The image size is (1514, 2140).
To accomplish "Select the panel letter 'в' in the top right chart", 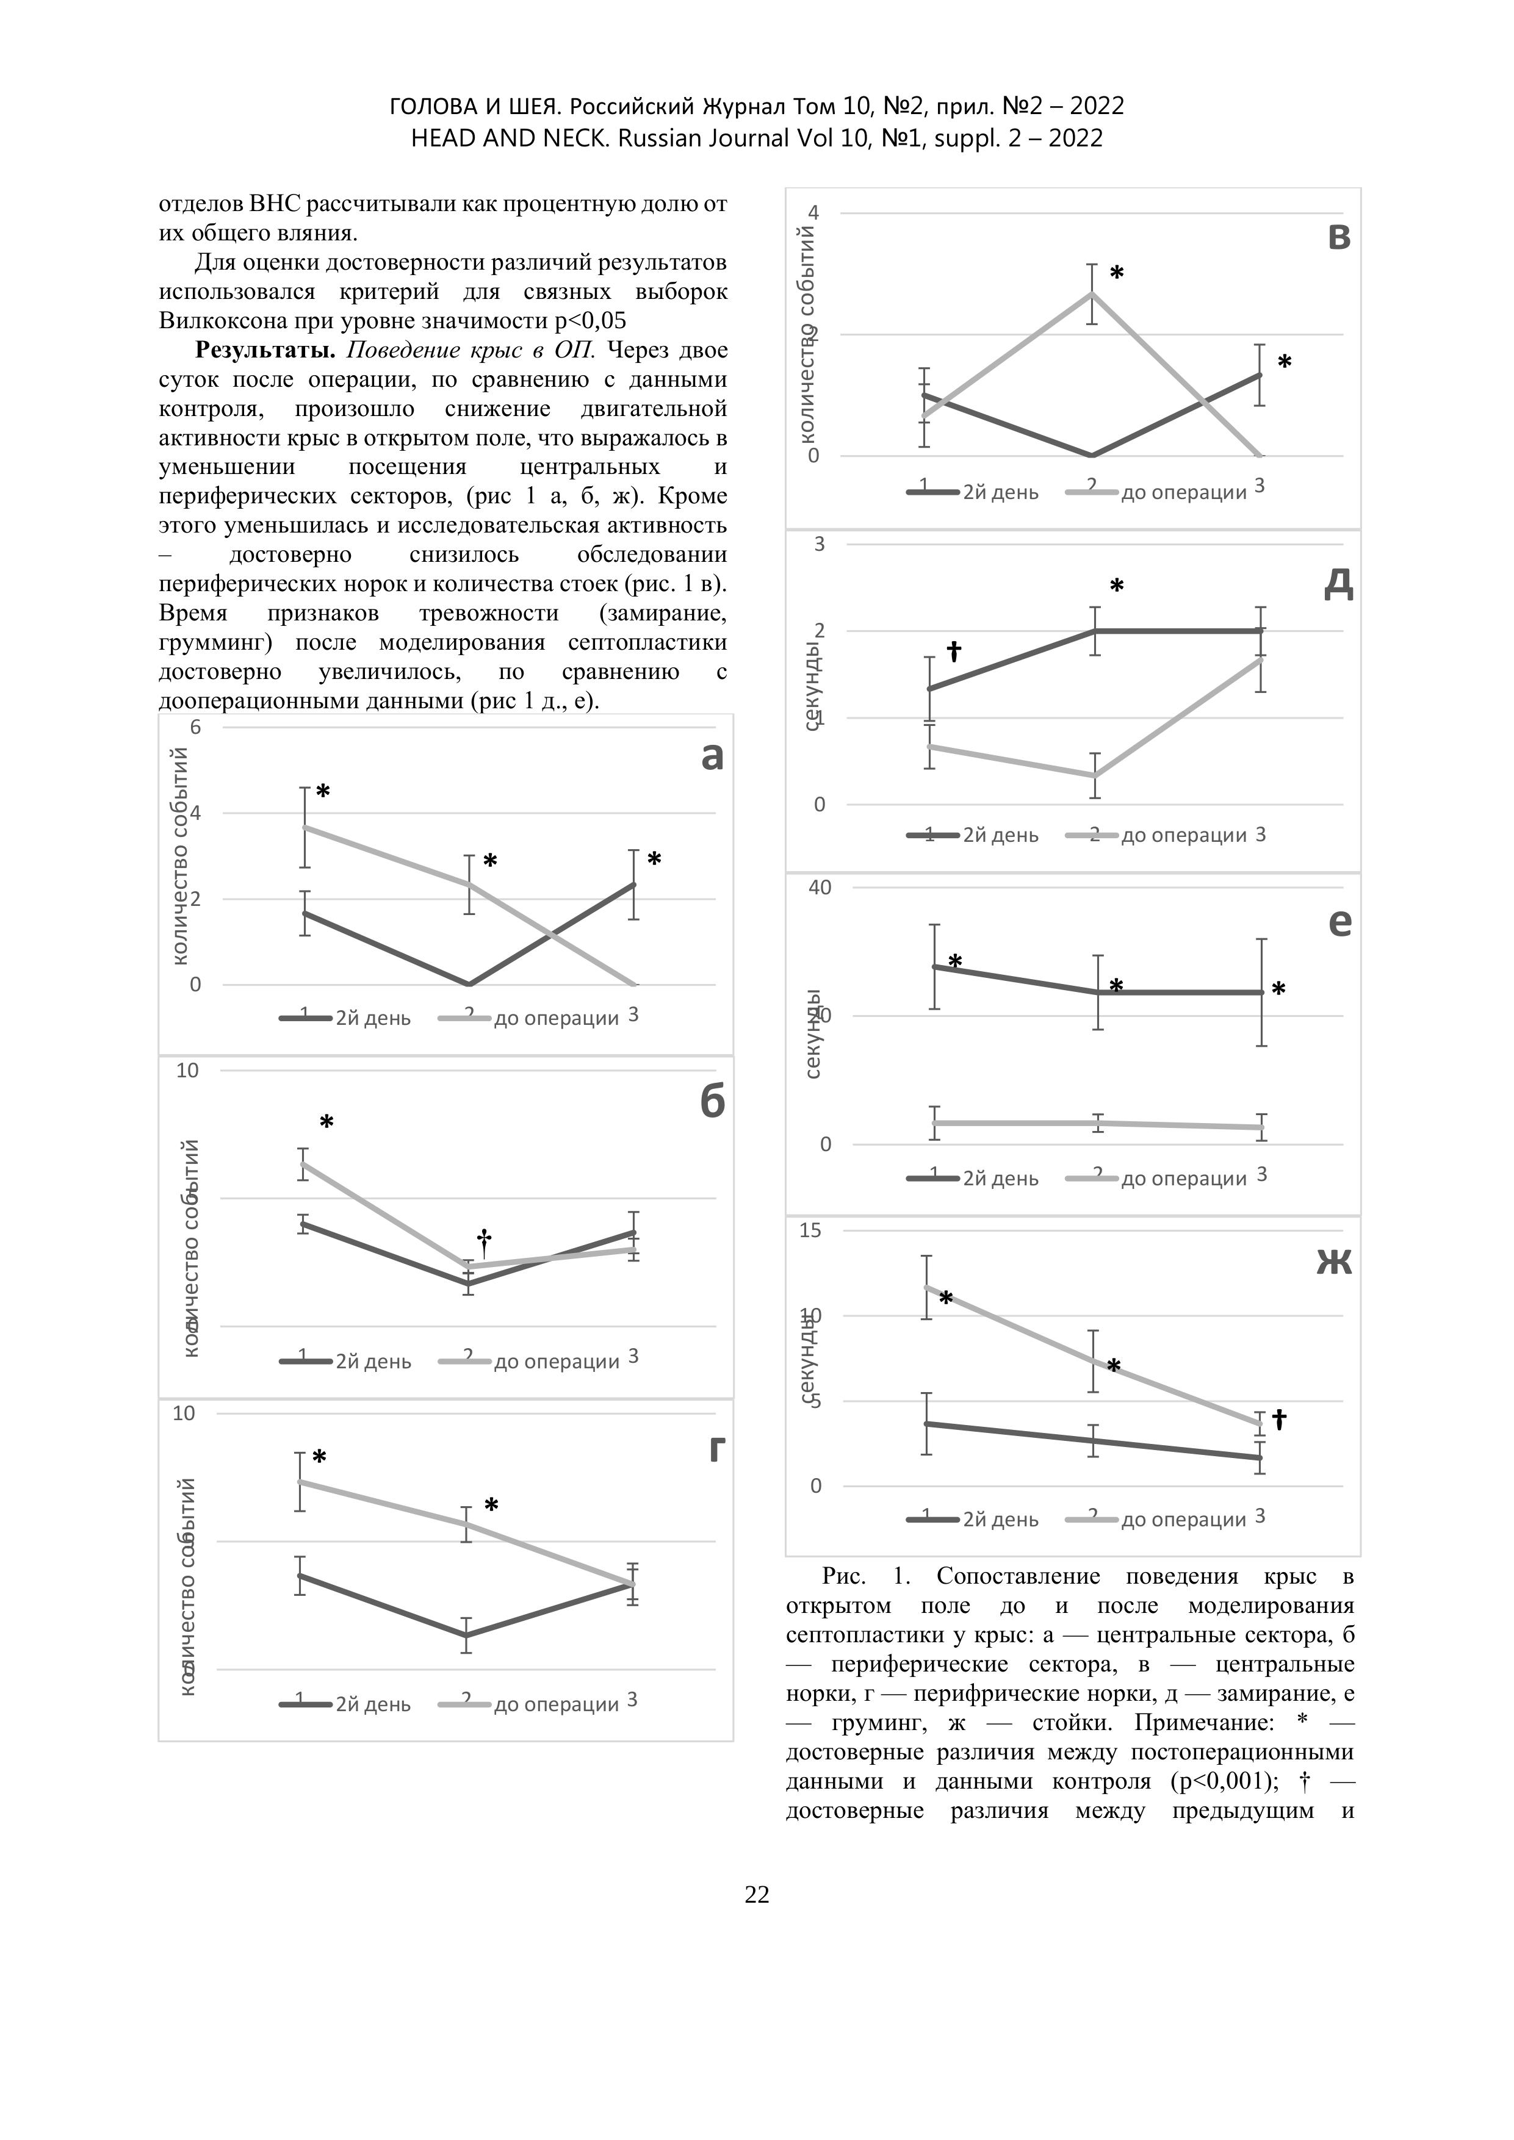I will (x=1339, y=238).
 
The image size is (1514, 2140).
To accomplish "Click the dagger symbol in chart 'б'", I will (x=484, y=1241).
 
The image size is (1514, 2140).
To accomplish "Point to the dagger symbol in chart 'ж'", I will (x=1280, y=1420).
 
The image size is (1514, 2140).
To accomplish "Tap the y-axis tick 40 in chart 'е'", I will (x=820, y=888).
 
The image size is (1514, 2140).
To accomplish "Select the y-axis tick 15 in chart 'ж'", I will (x=811, y=1230).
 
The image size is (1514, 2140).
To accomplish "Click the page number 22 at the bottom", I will (x=757, y=1895).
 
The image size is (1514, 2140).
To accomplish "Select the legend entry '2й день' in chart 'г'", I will (x=373, y=1704).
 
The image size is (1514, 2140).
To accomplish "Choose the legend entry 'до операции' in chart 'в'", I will (x=1183, y=493).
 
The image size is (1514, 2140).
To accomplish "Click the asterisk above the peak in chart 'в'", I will (x=1117, y=273).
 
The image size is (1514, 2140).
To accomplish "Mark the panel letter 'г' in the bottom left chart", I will (x=716, y=1448).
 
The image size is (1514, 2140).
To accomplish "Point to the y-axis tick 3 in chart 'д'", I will (x=820, y=544).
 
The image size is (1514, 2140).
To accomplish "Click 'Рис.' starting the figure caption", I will (x=844, y=1576).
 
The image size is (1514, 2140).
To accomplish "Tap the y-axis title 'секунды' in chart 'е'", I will (x=813, y=1033).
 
